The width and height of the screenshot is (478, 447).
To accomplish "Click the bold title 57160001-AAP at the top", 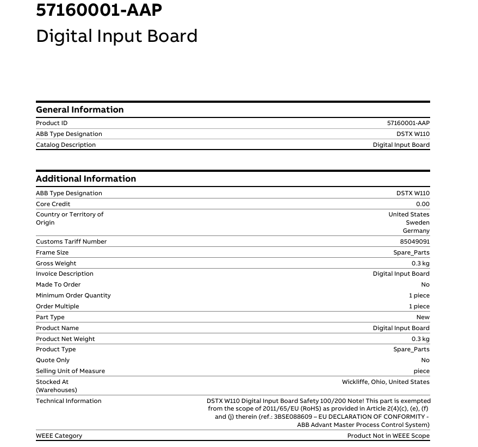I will click(99, 10).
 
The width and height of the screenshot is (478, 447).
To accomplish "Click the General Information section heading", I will click(79, 110).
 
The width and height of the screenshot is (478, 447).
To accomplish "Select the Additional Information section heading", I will click(86, 179).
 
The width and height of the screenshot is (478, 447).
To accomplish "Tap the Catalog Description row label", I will click(65, 145).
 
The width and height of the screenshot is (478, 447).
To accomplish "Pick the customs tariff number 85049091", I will click(414, 242).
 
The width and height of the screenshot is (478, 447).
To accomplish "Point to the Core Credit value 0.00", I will click(422, 204).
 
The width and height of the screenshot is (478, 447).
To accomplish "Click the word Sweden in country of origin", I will click(417, 223).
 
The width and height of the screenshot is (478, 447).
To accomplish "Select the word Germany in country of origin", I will click(416, 231).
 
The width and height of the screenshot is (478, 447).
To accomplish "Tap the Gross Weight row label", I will click(56, 264).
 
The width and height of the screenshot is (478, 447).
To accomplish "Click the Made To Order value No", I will click(425, 285).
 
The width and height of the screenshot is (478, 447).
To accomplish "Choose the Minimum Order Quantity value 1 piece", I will click(419, 296).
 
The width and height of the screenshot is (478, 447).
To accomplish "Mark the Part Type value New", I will click(423, 318).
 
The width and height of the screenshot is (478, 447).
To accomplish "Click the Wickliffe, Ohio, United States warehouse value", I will click(386, 382).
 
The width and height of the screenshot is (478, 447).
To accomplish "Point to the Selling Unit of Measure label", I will click(70, 371).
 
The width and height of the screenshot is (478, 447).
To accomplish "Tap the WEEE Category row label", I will click(59, 436).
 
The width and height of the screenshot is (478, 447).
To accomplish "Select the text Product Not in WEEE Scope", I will click(388, 436).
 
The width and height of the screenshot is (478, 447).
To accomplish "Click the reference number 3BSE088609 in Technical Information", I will click(293, 417).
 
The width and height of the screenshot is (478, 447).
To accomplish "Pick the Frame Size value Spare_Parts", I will click(411, 253).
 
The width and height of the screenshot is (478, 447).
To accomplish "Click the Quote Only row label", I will click(53, 361).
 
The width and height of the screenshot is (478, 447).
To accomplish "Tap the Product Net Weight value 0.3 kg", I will click(420, 339).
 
